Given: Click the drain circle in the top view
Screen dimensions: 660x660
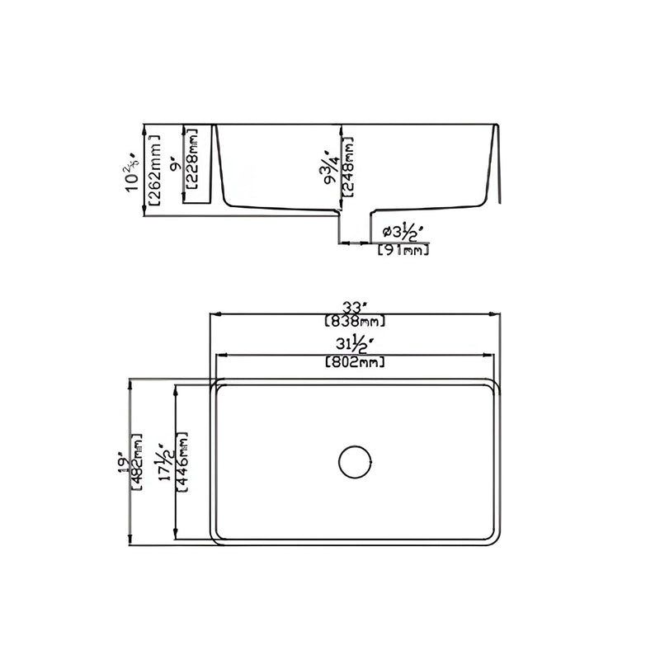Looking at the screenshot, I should (356, 461).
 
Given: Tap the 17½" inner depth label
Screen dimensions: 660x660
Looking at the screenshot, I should (167, 461).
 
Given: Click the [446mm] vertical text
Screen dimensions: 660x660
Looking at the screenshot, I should (184, 461).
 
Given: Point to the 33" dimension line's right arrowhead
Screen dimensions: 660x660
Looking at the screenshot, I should (498, 314).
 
